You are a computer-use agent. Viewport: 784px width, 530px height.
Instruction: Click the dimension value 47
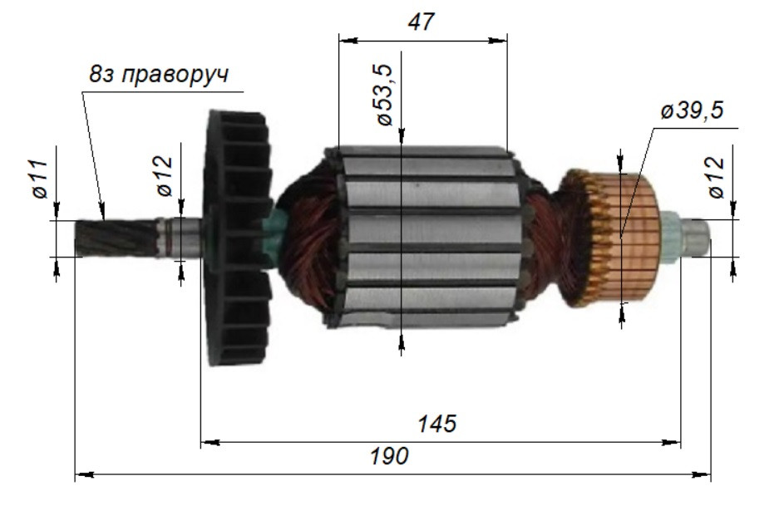[x=422, y=22]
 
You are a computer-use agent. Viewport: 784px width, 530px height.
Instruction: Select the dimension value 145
[x=437, y=424]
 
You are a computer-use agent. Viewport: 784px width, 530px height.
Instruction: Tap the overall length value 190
[x=390, y=456]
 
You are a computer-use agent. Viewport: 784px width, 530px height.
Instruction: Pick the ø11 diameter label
[x=39, y=179]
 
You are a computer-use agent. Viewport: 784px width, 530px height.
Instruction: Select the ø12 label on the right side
[x=716, y=176]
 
